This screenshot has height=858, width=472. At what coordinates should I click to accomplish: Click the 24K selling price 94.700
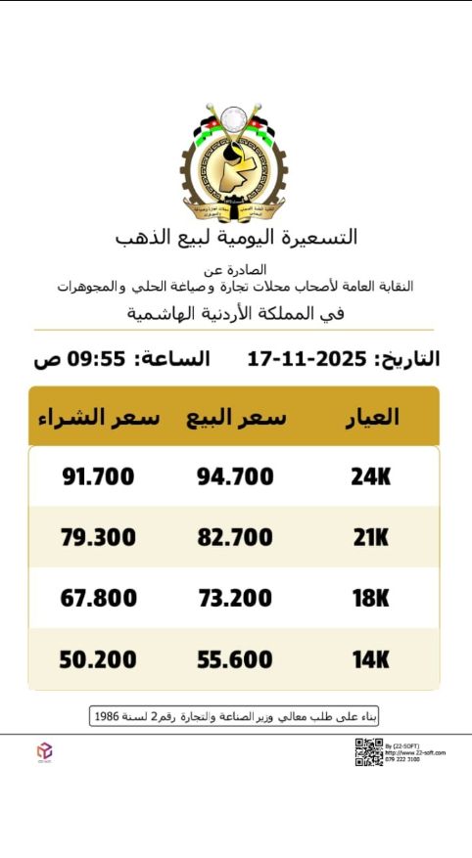point(235,476)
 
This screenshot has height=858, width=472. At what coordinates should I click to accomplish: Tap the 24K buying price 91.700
point(98,476)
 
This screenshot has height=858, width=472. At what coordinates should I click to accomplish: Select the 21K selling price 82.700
point(235,537)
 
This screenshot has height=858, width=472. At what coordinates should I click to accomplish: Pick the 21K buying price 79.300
point(98,537)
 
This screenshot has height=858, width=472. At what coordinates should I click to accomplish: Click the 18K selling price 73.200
point(235,598)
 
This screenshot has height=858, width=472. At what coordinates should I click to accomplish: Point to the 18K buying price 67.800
point(98,598)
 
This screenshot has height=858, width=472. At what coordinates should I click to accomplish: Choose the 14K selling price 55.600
point(235,660)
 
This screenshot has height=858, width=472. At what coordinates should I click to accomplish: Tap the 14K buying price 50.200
point(98,660)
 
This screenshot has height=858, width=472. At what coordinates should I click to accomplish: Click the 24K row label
point(371,476)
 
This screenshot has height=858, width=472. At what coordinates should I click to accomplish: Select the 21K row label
point(371,537)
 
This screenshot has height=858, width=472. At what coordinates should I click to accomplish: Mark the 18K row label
point(371,598)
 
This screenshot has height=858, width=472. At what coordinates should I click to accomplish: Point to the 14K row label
point(371,660)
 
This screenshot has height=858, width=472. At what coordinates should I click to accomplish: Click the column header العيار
point(372,417)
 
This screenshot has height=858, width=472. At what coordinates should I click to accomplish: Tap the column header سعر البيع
point(236,418)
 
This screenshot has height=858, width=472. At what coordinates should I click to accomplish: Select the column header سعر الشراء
point(98,418)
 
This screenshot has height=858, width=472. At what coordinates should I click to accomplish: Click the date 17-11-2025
point(306,359)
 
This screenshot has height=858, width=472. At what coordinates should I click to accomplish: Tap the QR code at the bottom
point(368,751)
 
